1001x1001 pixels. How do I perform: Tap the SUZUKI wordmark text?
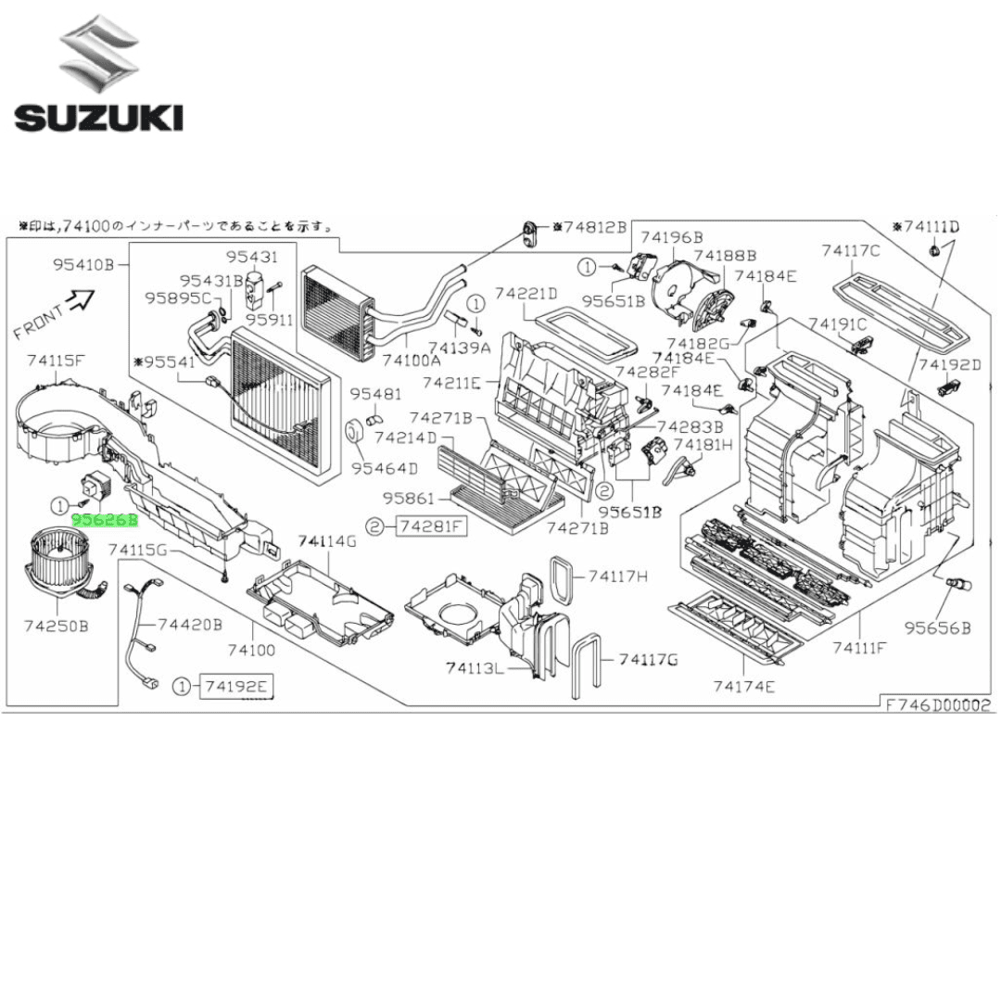point(98,117)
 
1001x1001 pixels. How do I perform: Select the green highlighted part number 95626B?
point(106,521)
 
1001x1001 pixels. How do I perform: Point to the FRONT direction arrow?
point(82,298)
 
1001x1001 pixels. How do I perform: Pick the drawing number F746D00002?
point(937,704)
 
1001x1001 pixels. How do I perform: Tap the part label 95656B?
point(938,627)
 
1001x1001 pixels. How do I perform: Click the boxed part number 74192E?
point(239,686)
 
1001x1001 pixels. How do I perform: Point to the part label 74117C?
point(850,249)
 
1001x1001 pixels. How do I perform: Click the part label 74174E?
point(744,686)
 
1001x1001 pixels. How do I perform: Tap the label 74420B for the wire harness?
point(190,625)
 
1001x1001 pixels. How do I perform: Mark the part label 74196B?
point(671,237)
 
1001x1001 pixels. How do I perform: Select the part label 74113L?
point(474,667)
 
